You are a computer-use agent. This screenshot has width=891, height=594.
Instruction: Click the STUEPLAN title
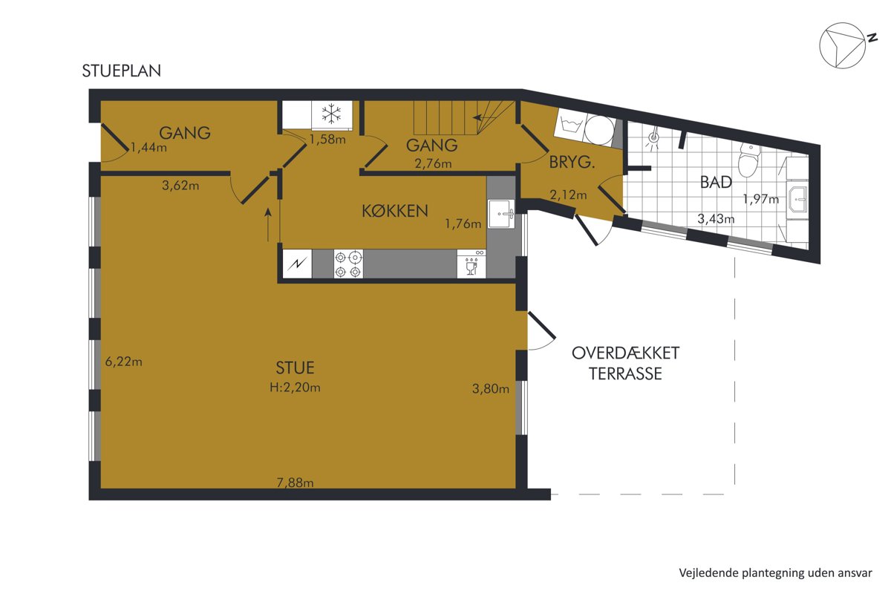[x=122, y=71]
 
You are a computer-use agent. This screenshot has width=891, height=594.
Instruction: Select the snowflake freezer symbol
[x=331, y=114]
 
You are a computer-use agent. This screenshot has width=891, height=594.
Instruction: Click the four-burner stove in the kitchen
[x=348, y=264]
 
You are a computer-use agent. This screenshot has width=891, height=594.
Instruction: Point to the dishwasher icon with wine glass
[x=471, y=264]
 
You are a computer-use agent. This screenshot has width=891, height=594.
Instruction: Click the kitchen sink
[x=501, y=214]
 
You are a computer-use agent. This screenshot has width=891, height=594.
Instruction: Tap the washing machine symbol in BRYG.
[x=570, y=125]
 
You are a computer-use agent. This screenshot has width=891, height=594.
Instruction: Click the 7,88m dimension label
[x=296, y=483]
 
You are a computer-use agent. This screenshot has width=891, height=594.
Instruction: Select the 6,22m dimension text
[x=124, y=362]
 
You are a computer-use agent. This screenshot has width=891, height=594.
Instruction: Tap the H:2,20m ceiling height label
[x=296, y=387]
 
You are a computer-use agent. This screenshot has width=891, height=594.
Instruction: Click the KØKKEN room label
[x=395, y=211]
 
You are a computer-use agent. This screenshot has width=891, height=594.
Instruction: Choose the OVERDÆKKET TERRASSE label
[x=626, y=363]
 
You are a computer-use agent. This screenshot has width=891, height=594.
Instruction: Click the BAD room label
[x=716, y=182]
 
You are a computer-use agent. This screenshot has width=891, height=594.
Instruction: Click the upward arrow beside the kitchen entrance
[x=268, y=225]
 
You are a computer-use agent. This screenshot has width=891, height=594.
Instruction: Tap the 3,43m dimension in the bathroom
[x=716, y=218]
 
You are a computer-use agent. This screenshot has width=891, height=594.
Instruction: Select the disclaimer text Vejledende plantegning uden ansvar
[x=775, y=573]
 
